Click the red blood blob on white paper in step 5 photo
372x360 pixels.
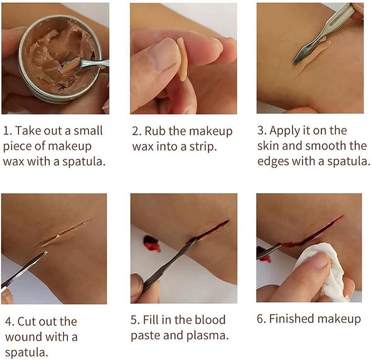point(151,243)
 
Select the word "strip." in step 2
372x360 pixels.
point(203,147)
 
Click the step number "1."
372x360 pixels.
point(7,131)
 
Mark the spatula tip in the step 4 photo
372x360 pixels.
point(46,252)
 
